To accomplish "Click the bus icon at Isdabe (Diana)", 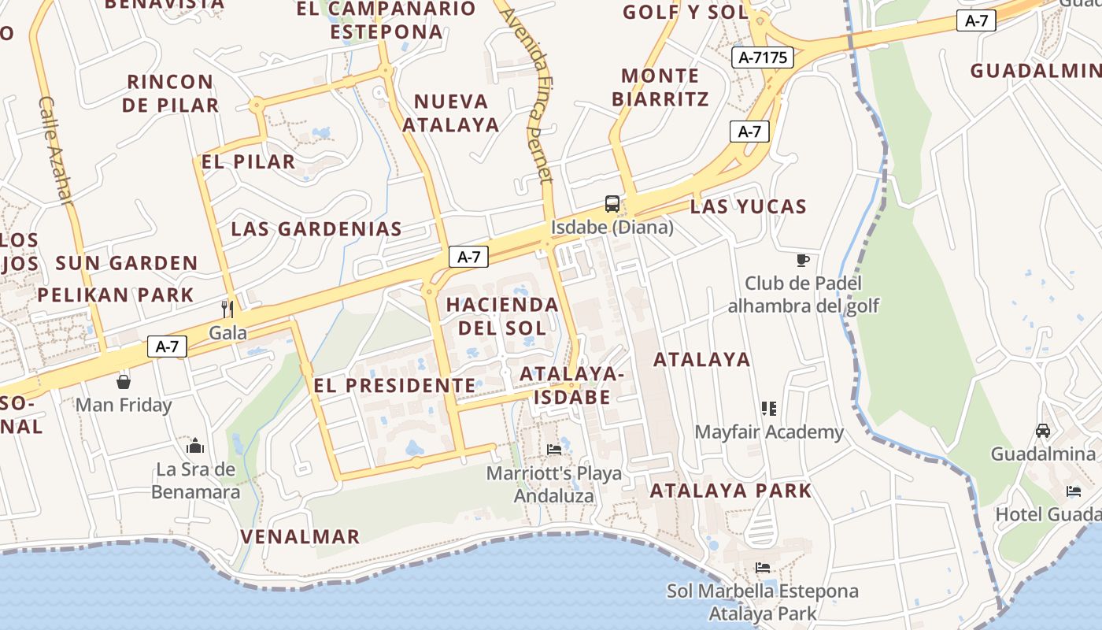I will (612, 204).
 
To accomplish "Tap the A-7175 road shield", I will (762, 57).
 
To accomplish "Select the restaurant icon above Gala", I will (228, 307).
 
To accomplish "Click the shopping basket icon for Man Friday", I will (124, 382).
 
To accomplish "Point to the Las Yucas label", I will (748, 207).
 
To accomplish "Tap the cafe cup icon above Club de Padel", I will (803, 259).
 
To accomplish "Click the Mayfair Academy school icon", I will (769, 408).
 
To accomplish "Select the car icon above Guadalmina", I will (1043, 430).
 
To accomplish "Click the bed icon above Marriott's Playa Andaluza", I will (554, 450).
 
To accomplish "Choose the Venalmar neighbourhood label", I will (300, 536).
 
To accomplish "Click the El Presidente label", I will (394, 385).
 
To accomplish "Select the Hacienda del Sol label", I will (502, 316).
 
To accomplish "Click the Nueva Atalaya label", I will (451, 113).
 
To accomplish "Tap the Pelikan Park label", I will (116, 295).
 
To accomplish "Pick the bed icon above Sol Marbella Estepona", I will (762, 567).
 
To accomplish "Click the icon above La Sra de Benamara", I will (195, 447).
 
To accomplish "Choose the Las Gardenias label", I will (316, 229).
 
